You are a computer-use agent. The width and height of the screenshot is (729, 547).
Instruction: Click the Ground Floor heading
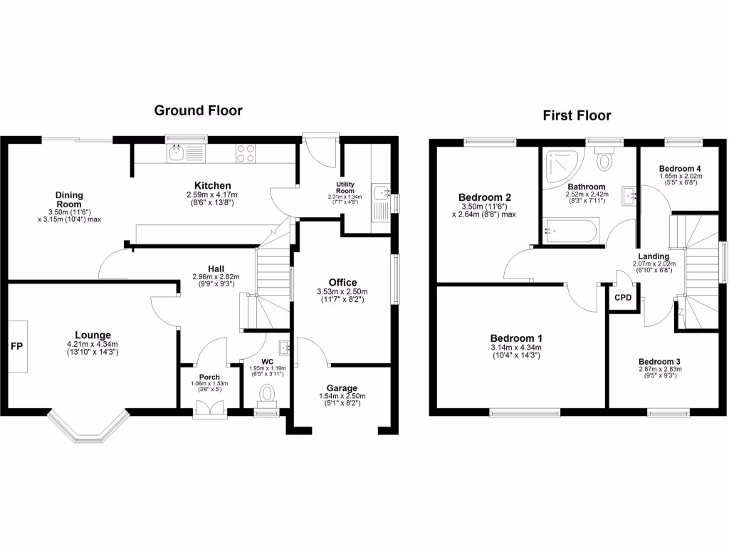click(x=199, y=110)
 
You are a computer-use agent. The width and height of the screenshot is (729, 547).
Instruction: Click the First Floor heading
click(x=577, y=115)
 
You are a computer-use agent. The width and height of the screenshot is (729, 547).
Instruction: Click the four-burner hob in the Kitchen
click(x=246, y=152)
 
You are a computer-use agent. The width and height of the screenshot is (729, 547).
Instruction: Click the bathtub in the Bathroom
click(x=570, y=231)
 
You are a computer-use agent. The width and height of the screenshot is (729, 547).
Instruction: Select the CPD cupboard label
click(x=623, y=298)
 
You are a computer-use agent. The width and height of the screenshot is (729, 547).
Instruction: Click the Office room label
click(x=342, y=283)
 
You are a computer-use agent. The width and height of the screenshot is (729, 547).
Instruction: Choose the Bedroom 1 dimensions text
click(x=517, y=353)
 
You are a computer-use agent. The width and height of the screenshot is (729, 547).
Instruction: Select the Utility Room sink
click(x=383, y=192)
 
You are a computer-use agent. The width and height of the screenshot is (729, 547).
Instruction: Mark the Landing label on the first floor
click(x=653, y=256)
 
